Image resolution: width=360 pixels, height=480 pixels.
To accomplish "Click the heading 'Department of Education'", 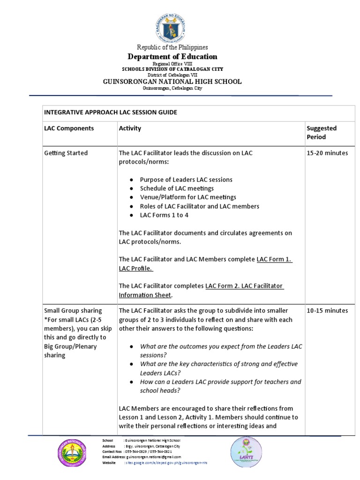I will (x=172, y=57).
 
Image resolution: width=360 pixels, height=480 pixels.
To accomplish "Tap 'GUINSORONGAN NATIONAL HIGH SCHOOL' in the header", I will (x=172, y=82).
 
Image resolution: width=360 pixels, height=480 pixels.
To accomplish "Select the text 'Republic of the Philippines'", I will (x=172, y=47).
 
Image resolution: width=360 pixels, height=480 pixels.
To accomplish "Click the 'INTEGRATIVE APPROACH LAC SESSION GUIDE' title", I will (x=111, y=112).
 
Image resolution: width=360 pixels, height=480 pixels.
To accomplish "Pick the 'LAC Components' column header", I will (x=69, y=128).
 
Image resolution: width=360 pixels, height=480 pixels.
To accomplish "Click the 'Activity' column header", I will (x=130, y=128).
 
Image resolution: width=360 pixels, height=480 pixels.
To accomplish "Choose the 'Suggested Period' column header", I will (x=322, y=133).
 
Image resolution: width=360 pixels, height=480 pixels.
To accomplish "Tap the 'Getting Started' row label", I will (x=66, y=153).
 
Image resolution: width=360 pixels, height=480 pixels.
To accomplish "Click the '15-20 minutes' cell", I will (x=327, y=153).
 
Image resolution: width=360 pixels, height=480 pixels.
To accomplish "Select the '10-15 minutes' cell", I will (x=327, y=311).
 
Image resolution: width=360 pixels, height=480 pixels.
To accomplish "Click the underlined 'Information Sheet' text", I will (x=145, y=295).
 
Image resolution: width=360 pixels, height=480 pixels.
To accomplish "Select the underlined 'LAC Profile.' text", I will (x=135, y=269).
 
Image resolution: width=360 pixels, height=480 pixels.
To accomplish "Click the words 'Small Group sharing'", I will (x=73, y=311).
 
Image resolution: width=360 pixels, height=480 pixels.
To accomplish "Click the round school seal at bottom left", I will (x=73, y=453).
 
